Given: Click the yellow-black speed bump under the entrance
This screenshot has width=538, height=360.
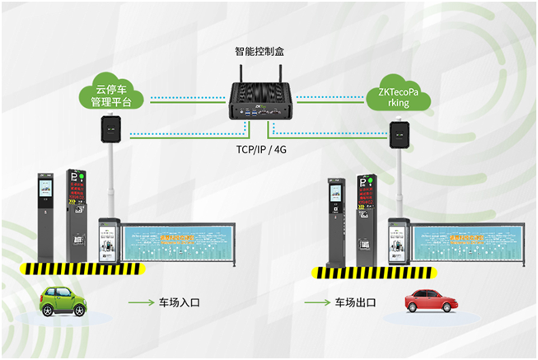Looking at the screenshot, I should point(82,269).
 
